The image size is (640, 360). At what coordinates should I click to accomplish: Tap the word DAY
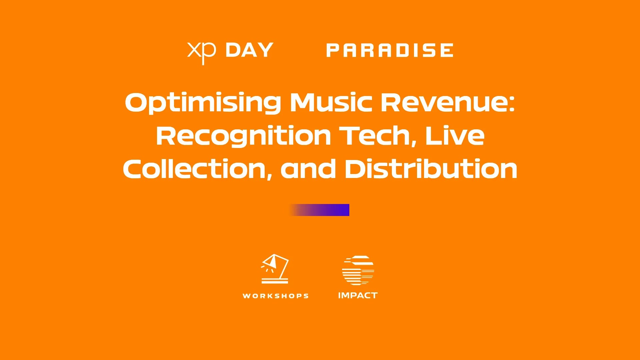click(x=249, y=50)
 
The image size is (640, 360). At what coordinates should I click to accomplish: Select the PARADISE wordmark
click(x=390, y=50)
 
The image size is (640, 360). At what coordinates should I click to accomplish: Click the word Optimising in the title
click(x=203, y=103)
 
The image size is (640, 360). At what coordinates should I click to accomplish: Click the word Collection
click(x=195, y=169)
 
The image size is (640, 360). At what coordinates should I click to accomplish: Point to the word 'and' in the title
click(x=308, y=169)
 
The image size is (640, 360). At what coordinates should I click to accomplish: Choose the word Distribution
click(x=431, y=169)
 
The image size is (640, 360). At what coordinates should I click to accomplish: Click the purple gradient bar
click(x=319, y=210)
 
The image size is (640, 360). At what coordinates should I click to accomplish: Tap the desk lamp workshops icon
click(x=275, y=269)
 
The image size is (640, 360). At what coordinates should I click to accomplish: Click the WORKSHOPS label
click(x=276, y=296)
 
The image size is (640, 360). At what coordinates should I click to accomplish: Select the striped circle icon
click(x=358, y=270)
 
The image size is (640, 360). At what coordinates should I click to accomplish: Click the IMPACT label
click(x=358, y=295)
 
